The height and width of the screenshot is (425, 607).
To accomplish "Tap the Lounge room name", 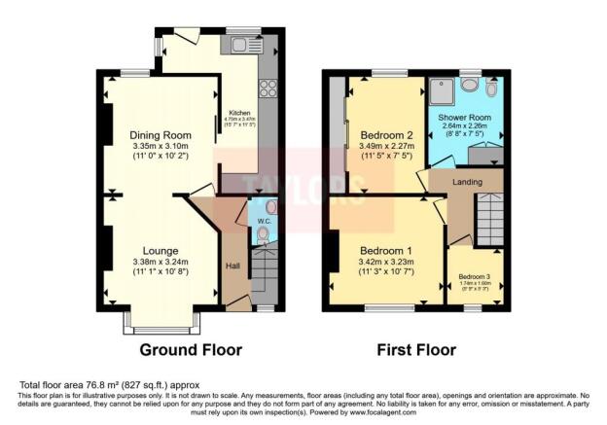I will click(161, 250).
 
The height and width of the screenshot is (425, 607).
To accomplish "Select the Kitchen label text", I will click(239, 111).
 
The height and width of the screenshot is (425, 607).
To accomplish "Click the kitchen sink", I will click(241, 44).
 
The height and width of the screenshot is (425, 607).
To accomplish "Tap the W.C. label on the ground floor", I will click(263, 221).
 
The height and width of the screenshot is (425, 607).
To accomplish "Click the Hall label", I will click(232, 266).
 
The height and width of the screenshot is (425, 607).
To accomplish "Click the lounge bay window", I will click(161, 319).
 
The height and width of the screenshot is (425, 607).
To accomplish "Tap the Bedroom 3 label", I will click(475, 275).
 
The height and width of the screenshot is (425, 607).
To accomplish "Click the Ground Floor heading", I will click(185, 350).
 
